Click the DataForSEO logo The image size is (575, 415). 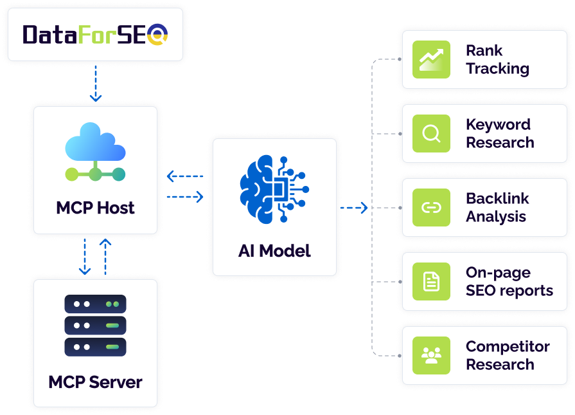[x=95, y=35]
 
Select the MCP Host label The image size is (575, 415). [x=95, y=208]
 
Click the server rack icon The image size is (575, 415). [x=95, y=326]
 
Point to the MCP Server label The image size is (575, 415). [x=95, y=382]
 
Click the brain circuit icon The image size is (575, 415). [x=274, y=190]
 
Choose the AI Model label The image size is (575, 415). [x=274, y=251]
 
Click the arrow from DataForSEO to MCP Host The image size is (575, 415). [x=96, y=84]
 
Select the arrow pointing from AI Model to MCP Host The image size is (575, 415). [x=185, y=176]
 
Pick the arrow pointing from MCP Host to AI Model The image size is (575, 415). [x=185, y=197]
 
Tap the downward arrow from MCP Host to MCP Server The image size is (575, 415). [x=85, y=257]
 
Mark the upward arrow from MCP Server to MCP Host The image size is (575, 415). [x=105, y=257]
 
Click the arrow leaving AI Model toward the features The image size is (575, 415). [x=354, y=208]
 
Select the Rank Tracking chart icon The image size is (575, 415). [x=431, y=59]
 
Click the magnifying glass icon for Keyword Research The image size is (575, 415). [x=431, y=133]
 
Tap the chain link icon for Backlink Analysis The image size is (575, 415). [x=431, y=207]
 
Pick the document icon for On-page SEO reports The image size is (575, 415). [x=431, y=281]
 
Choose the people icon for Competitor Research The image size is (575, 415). [x=431, y=356]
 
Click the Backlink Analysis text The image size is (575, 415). [x=498, y=207]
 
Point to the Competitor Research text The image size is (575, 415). [x=508, y=356]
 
